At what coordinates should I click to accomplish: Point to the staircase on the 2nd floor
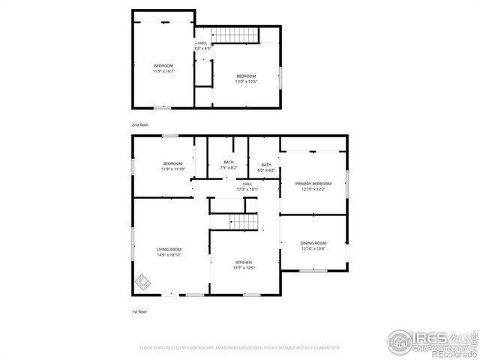pyautogui.click(x=235, y=34)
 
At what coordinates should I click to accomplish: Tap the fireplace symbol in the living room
pyautogui.click(x=142, y=283)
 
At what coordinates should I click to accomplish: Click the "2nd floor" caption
pyautogui.click(x=139, y=124)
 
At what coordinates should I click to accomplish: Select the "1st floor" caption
pyautogui.click(x=139, y=310)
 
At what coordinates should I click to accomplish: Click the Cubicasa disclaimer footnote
pyautogui.click(x=240, y=348)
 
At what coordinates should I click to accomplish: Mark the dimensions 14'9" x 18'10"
pyautogui.click(x=169, y=255)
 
